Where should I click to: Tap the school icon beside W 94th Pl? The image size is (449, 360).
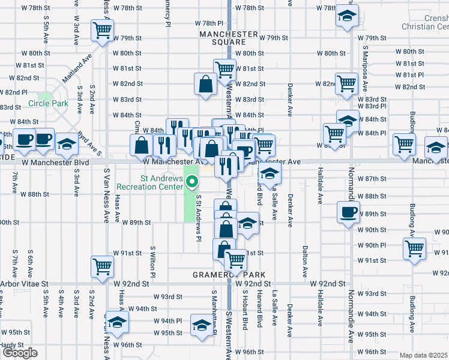pyautogui.click(x=117, y=321)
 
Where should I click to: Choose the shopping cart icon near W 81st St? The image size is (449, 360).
pyautogui.click(x=224, y=68)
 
